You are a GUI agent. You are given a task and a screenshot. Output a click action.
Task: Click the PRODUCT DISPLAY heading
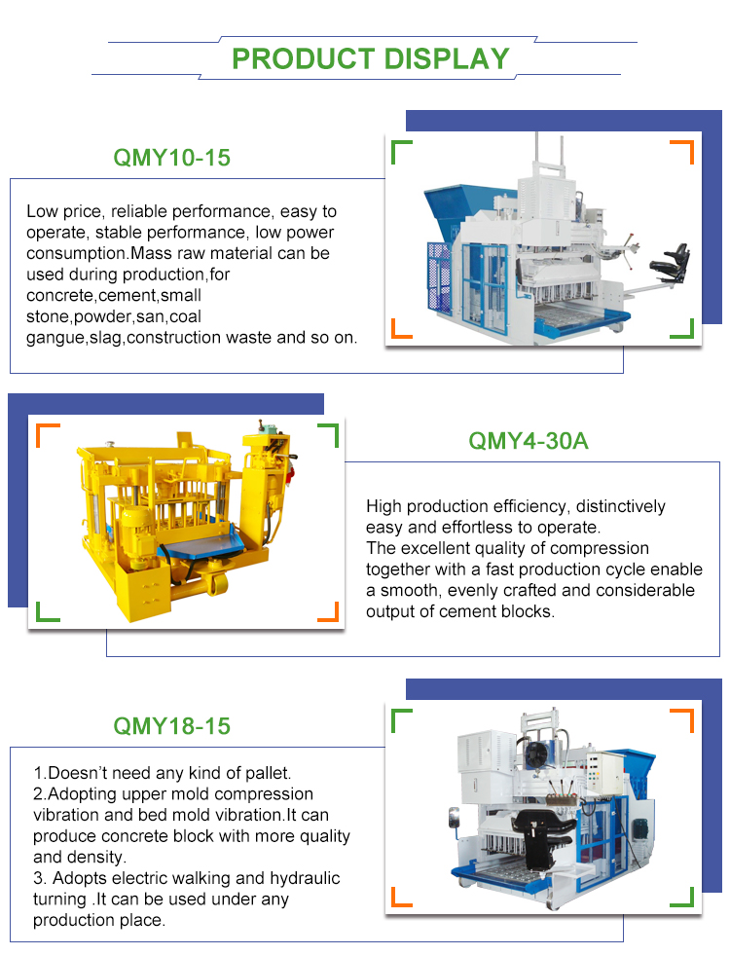pos(370,59)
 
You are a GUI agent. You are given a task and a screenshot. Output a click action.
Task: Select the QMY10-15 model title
pos(171,158)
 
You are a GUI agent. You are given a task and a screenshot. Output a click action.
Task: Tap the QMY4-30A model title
pos(528,441)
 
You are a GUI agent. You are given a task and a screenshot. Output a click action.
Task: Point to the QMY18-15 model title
pos(171,726)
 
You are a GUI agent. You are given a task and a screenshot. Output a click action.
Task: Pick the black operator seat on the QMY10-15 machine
pos(670,261)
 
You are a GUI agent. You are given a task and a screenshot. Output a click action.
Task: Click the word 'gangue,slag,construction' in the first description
pos(124,338)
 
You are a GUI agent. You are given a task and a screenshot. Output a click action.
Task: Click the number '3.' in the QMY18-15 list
pos(40,878)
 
